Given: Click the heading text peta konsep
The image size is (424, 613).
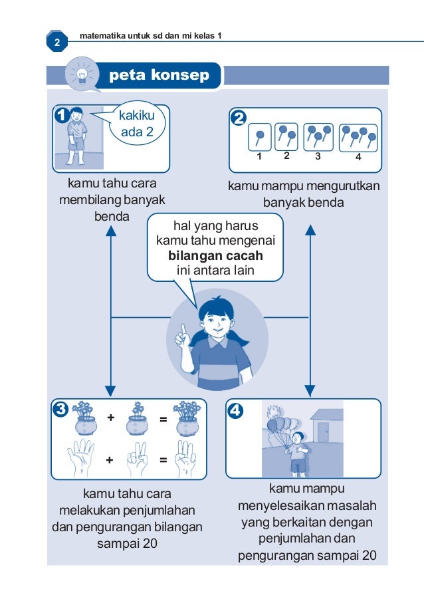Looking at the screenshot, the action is point(159,75).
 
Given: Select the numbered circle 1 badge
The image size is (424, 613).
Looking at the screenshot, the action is point(63,116).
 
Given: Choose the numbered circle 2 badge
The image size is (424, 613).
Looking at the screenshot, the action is point(238,118).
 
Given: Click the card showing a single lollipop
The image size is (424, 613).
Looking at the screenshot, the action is point(259,138).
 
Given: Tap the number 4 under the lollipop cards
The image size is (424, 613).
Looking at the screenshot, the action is point(358,158).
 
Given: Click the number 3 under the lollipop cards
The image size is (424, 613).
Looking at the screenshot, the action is point(318,158).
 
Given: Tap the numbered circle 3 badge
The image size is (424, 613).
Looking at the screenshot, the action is point(62,410).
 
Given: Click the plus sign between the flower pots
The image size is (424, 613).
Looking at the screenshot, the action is point(110,418).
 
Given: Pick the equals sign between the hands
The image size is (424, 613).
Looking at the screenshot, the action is point(163,459).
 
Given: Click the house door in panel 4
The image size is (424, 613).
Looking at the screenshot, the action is point(323,433).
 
